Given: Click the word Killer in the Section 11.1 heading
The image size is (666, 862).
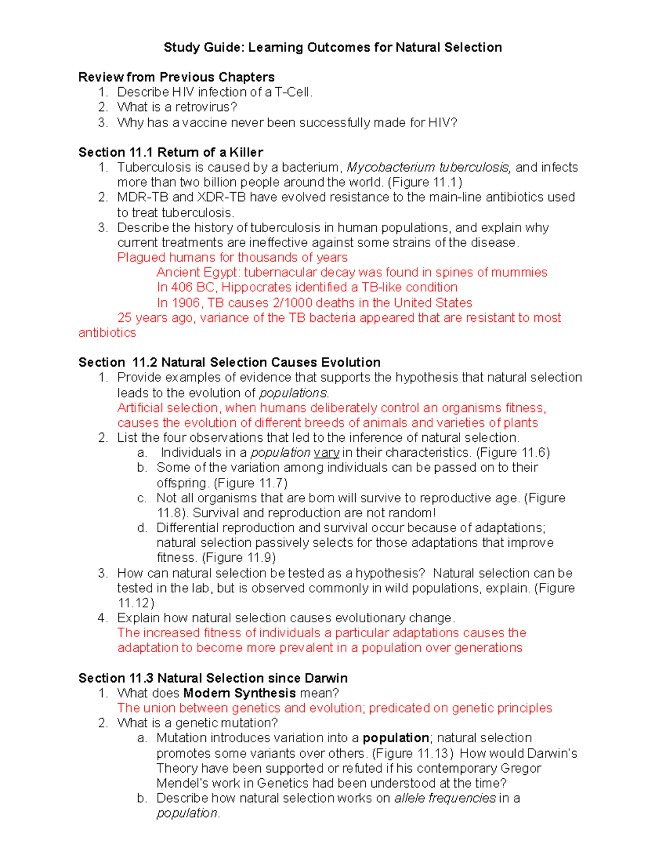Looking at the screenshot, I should click(x=246, y=152).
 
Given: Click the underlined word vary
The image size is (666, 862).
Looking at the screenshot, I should click(x=326, y=453).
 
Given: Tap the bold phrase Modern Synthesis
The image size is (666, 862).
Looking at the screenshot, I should click(x=239, y=693).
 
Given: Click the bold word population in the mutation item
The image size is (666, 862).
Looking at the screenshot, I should click(x=396, y=738).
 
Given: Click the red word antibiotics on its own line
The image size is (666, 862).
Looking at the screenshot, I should click(x=107, y=332).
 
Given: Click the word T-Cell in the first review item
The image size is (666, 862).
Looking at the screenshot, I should click(x=294, y=92).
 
